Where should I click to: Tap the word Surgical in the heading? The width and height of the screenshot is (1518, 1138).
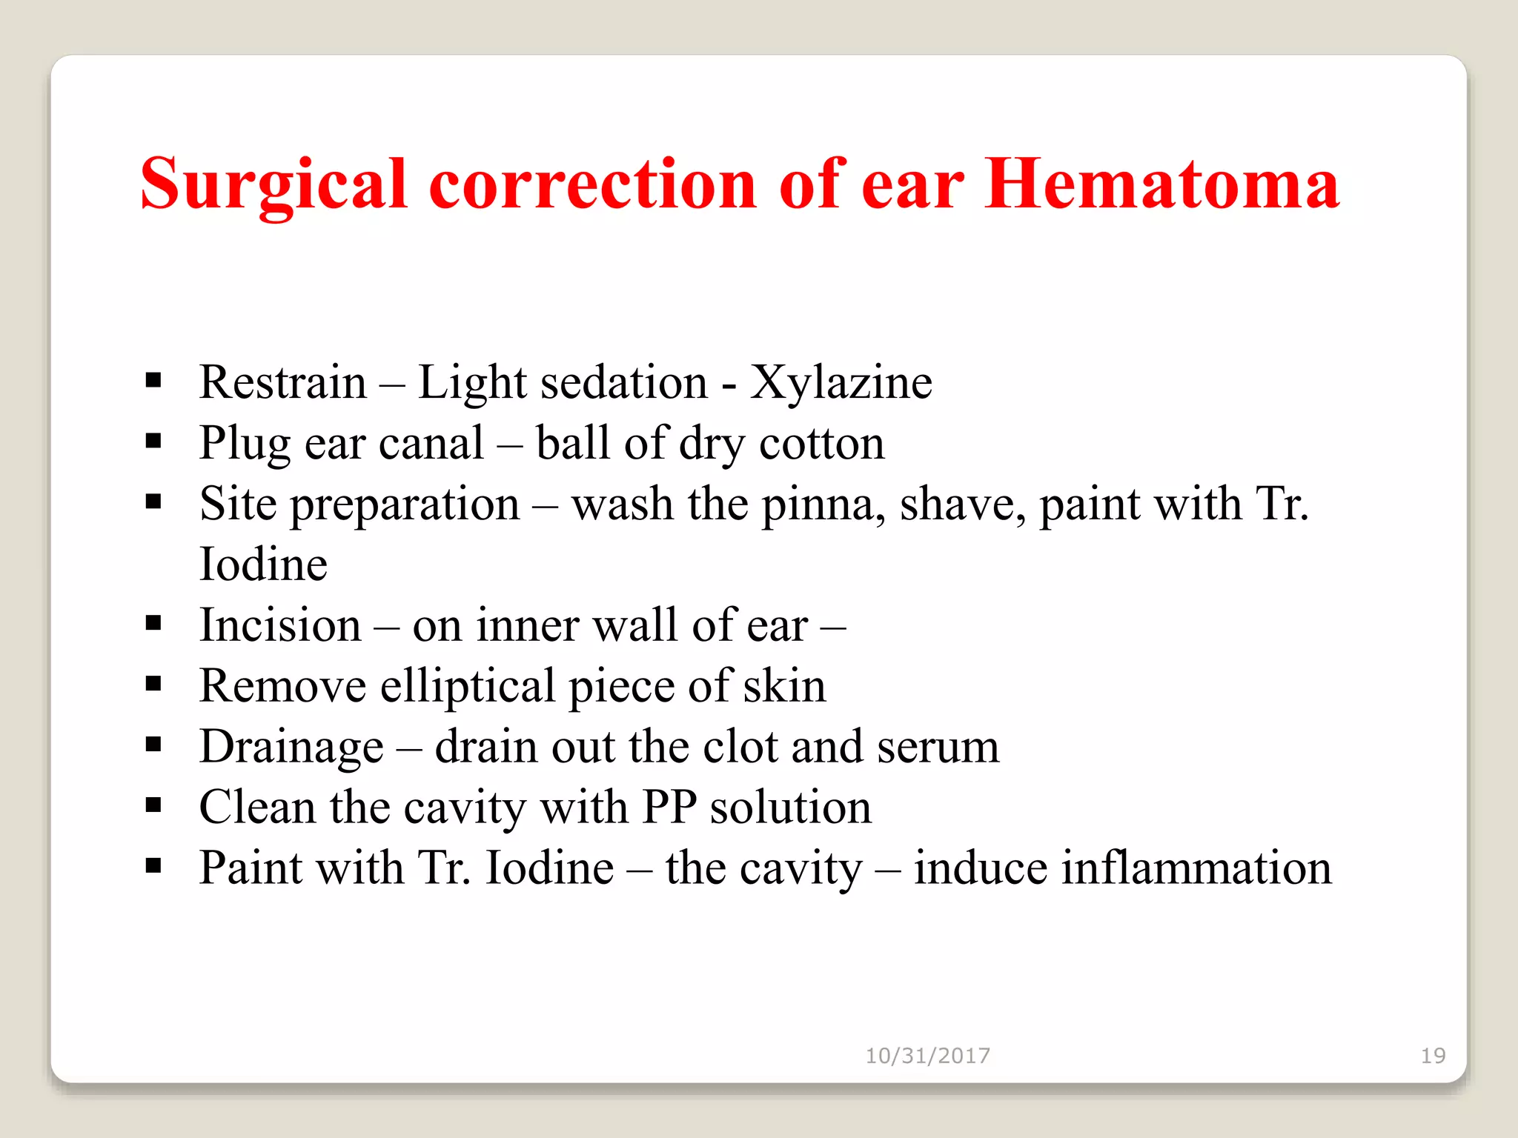click(274, 185)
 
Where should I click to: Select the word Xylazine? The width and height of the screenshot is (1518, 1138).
click(841, 382)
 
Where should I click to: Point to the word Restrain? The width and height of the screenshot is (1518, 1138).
click(283, 382)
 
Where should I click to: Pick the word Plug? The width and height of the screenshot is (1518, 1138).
click(245, 445)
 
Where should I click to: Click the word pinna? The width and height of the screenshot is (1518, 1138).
click(823, 505)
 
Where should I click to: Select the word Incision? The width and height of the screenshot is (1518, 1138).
click(280, 625)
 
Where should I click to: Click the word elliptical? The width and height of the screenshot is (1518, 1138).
click(467, 686)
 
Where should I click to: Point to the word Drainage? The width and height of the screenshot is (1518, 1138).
click(291, 747)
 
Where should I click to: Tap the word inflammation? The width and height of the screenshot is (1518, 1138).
click(1122, 868)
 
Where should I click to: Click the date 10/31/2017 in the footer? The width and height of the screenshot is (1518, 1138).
click(927, 1056)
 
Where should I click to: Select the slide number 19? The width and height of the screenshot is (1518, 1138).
click(1433, 1056)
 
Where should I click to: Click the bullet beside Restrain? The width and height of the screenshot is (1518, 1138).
click(153, 381)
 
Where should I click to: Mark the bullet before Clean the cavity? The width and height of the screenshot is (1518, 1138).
click(153, 805)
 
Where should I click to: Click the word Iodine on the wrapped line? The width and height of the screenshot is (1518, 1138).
click(263, 565)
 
